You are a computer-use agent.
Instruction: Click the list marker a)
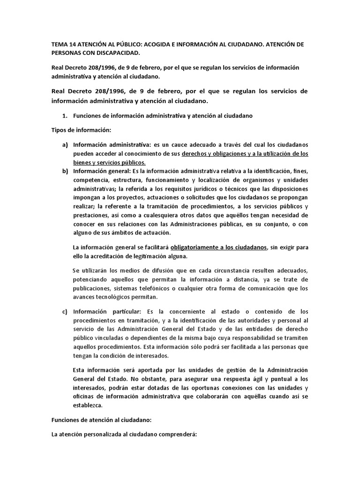[65, 144]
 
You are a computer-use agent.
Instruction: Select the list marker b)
[65, 171]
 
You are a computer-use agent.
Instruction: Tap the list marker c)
[65, 311]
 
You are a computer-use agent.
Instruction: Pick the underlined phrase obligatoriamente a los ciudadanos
[219, 247]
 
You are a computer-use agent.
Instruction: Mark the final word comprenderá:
[178, 435]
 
